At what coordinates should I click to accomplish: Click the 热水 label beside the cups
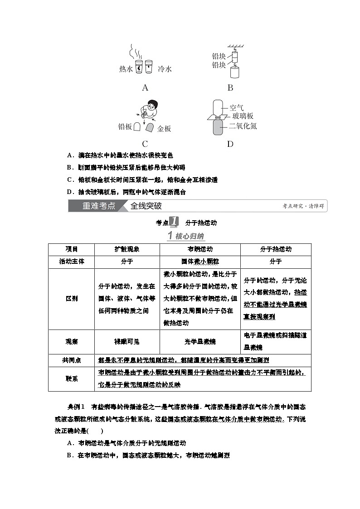(x=126, y=69)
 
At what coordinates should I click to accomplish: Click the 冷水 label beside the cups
(x=165, y=69)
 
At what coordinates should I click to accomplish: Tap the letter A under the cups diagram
(x=145, y=88)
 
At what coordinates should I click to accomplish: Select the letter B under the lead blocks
(x=230, y=88)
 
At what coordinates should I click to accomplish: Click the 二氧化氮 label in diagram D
(x=243, y=126)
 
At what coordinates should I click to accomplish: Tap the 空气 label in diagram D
(x=237, y=107)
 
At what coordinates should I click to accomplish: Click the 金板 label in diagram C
(x=164, y=129)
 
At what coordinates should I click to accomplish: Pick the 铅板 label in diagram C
(x=125, y=127)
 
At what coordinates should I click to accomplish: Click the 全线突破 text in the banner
(x=146, y=206)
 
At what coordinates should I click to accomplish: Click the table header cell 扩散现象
(x=126, y=249)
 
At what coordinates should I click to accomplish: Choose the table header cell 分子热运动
(x=276, y=249)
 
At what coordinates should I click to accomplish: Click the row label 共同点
(x=71, y=360)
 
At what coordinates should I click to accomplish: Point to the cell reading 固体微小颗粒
(x=199, y=262)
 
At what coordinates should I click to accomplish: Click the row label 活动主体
(x=71, y=262)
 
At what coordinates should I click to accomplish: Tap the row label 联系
(x=71, y=378)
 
